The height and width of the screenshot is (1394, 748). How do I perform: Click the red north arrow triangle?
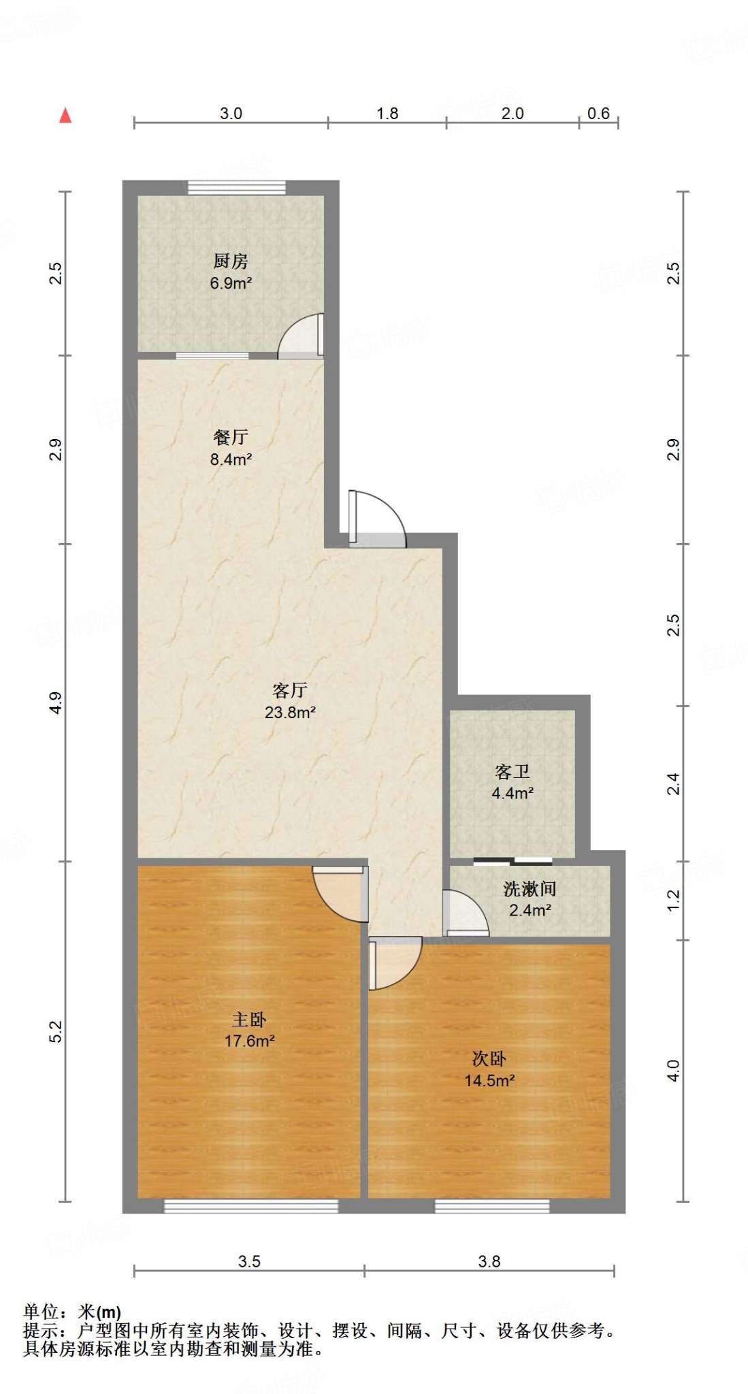65,116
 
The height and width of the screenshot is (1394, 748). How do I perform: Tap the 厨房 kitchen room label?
231,261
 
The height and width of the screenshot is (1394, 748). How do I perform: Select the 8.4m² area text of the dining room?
231,459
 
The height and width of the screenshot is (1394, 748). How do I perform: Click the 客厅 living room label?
290,691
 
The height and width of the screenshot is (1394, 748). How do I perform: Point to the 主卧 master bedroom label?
249,1020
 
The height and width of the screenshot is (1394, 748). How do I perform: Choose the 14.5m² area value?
489,1080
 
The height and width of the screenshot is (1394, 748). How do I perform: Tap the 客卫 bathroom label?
513,772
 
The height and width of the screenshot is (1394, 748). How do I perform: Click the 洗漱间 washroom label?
530,889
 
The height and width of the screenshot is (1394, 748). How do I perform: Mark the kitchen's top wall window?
237,187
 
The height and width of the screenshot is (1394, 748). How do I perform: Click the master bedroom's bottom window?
251,1205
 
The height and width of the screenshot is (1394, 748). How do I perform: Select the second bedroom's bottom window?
492,1205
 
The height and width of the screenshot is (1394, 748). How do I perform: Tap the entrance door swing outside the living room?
378,517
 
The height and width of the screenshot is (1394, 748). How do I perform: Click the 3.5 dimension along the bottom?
249,1261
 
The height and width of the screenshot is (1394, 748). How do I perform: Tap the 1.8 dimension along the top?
387,114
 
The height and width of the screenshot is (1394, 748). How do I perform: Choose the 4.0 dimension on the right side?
673,1071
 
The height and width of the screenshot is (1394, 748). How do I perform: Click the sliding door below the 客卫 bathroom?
513,861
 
